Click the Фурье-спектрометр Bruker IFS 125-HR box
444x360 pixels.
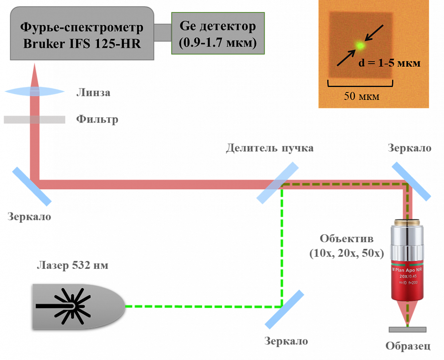pos(82,33)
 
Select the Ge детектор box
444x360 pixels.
pos(218,33)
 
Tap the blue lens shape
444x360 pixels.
pos(35,92)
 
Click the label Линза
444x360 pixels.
pos(93,93)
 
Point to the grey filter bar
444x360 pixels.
pos(35,120)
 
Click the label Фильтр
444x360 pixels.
pos(97,120)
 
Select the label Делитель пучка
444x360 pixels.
pos(270,148)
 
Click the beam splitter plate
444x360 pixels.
pos(278,183)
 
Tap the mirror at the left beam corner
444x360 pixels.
pos(32,186)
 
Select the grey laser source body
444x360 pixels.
pos(78,306)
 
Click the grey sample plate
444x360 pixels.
pos(407,330)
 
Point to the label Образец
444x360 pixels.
pos(408,346)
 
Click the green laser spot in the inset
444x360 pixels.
pos(360,45)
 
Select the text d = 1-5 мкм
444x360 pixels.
pos(389,63)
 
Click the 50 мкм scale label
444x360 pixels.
pos(361,96)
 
